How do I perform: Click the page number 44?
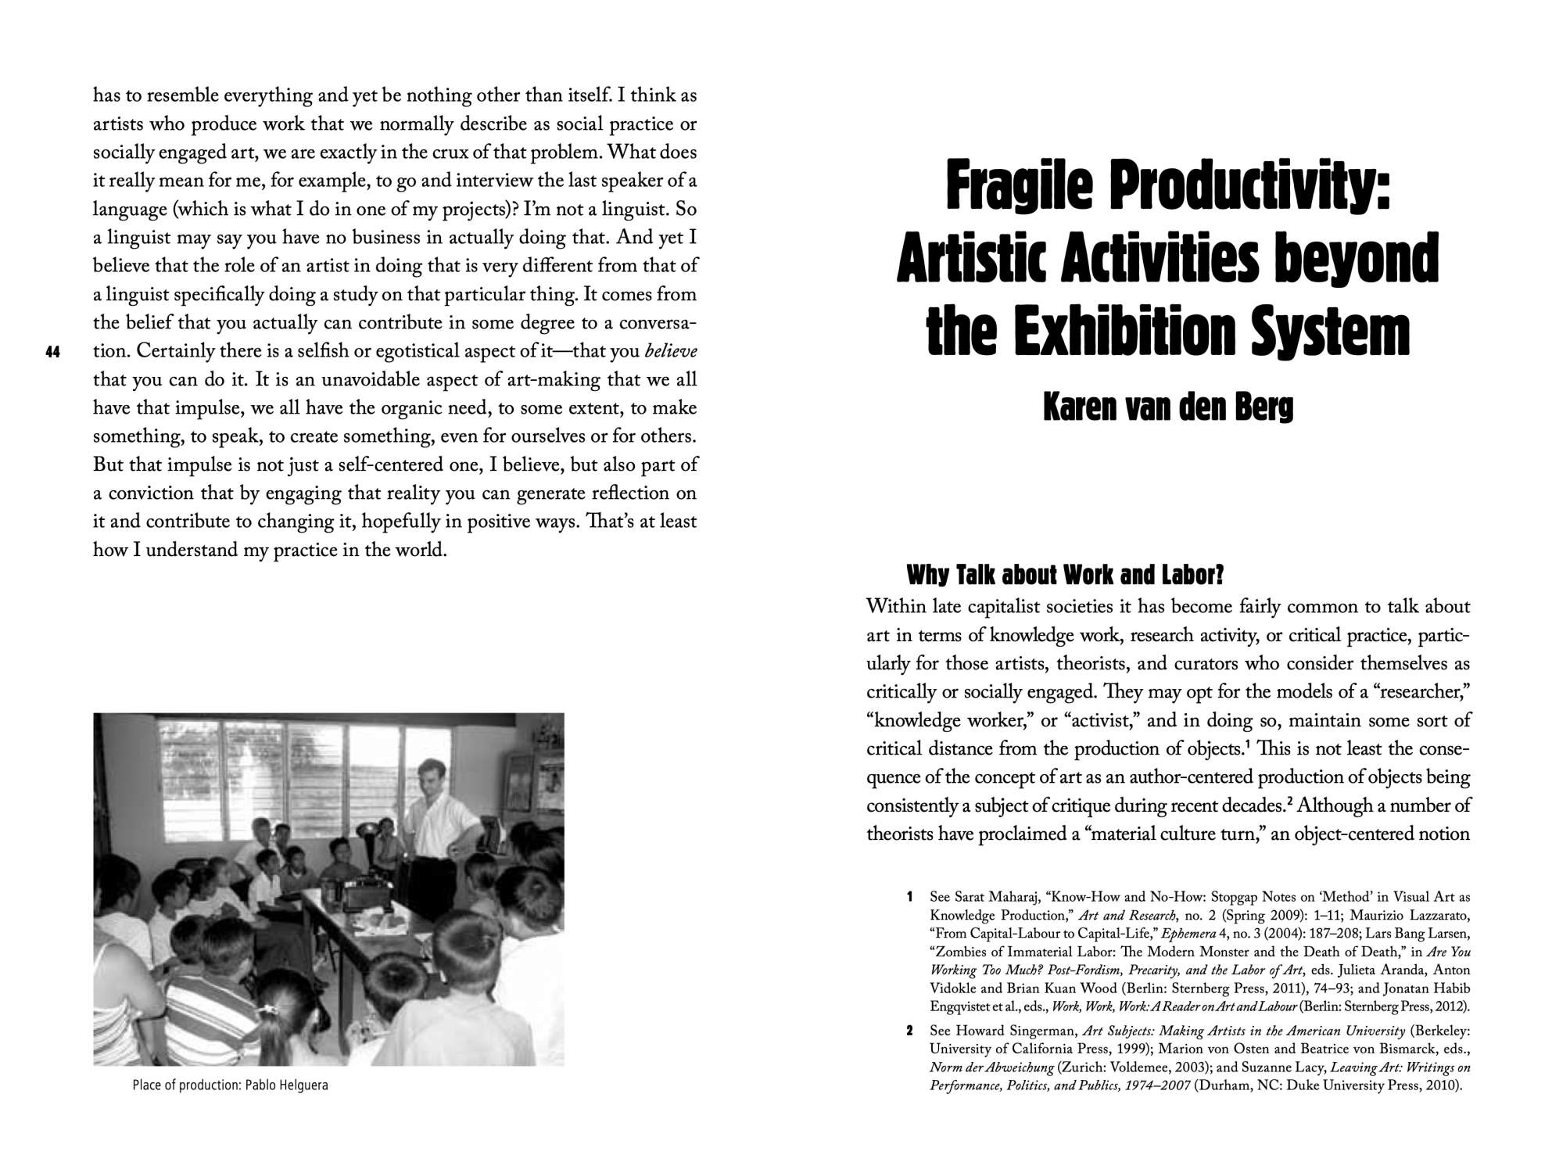(53, 353)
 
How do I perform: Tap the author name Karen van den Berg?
(1168, 407)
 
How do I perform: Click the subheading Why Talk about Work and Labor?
(1064, 576)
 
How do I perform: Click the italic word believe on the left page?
(670, 352)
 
